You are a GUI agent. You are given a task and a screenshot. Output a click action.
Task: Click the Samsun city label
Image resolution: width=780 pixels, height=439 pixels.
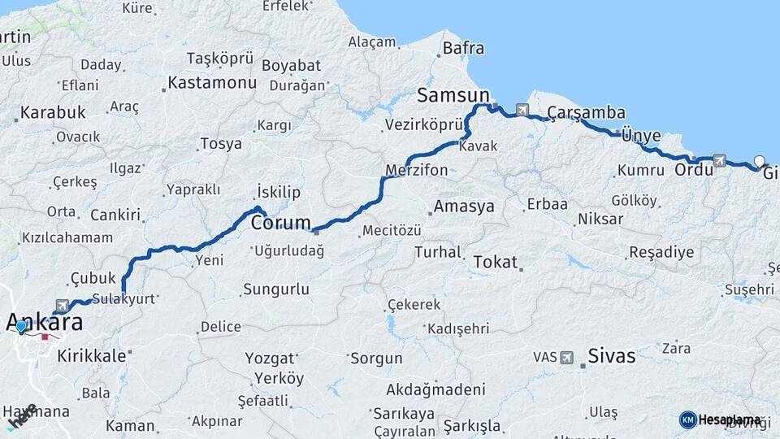coord(453,95)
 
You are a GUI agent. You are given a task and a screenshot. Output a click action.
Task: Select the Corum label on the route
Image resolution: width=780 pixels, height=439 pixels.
coord(281,222)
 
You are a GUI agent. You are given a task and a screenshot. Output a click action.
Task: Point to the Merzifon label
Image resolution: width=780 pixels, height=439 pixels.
coord(417,171)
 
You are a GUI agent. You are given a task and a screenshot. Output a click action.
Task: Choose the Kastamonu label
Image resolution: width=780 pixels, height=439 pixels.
coord(212,82)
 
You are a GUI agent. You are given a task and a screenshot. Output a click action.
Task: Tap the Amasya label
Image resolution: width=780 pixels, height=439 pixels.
coord(463,206)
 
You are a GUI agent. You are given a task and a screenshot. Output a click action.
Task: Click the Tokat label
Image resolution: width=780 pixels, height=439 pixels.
coord(494,262)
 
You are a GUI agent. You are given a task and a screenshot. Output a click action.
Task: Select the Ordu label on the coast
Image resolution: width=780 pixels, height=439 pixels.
coord(689,171)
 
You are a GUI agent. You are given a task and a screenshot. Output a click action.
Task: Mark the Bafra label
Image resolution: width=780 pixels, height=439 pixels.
coord(463,48)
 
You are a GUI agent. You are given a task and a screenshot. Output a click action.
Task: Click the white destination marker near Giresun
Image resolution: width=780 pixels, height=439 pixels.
coord(759,161)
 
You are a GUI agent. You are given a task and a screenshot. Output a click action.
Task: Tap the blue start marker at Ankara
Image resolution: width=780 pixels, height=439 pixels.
coord(21,327)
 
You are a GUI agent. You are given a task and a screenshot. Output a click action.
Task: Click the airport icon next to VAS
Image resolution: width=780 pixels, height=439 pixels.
coord(566,357)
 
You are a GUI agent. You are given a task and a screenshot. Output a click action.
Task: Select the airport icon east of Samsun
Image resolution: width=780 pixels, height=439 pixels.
coord(521,110)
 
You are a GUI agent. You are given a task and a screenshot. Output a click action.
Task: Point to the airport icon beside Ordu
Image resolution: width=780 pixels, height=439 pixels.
coord(719,161)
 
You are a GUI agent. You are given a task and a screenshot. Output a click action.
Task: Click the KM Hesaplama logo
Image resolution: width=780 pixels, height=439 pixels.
coord(719,419)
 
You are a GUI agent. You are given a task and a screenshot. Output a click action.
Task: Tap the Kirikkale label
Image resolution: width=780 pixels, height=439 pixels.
coord(92,355)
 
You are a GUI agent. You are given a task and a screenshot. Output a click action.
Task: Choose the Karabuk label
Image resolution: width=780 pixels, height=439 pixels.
coord(53,112)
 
